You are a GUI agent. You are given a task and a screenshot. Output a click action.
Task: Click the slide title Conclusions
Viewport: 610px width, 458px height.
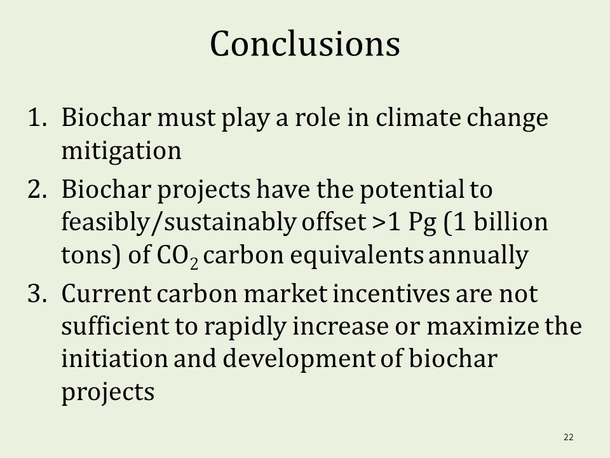(x=304, y=44)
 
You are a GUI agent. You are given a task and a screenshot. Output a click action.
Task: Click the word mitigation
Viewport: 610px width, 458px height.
(x=121, y=151)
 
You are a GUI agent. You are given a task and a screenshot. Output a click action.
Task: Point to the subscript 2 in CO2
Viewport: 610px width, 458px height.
(x=194, y=263)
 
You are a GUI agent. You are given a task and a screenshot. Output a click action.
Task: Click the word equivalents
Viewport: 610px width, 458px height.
(x=356, y=256)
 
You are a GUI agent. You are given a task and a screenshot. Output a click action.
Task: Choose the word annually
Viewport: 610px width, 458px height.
(x=478, y=256)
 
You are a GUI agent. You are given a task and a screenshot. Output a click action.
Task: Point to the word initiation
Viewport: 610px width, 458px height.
(x=114, y=358)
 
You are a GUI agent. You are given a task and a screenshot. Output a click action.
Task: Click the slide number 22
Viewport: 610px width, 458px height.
(x=568, y=437)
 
